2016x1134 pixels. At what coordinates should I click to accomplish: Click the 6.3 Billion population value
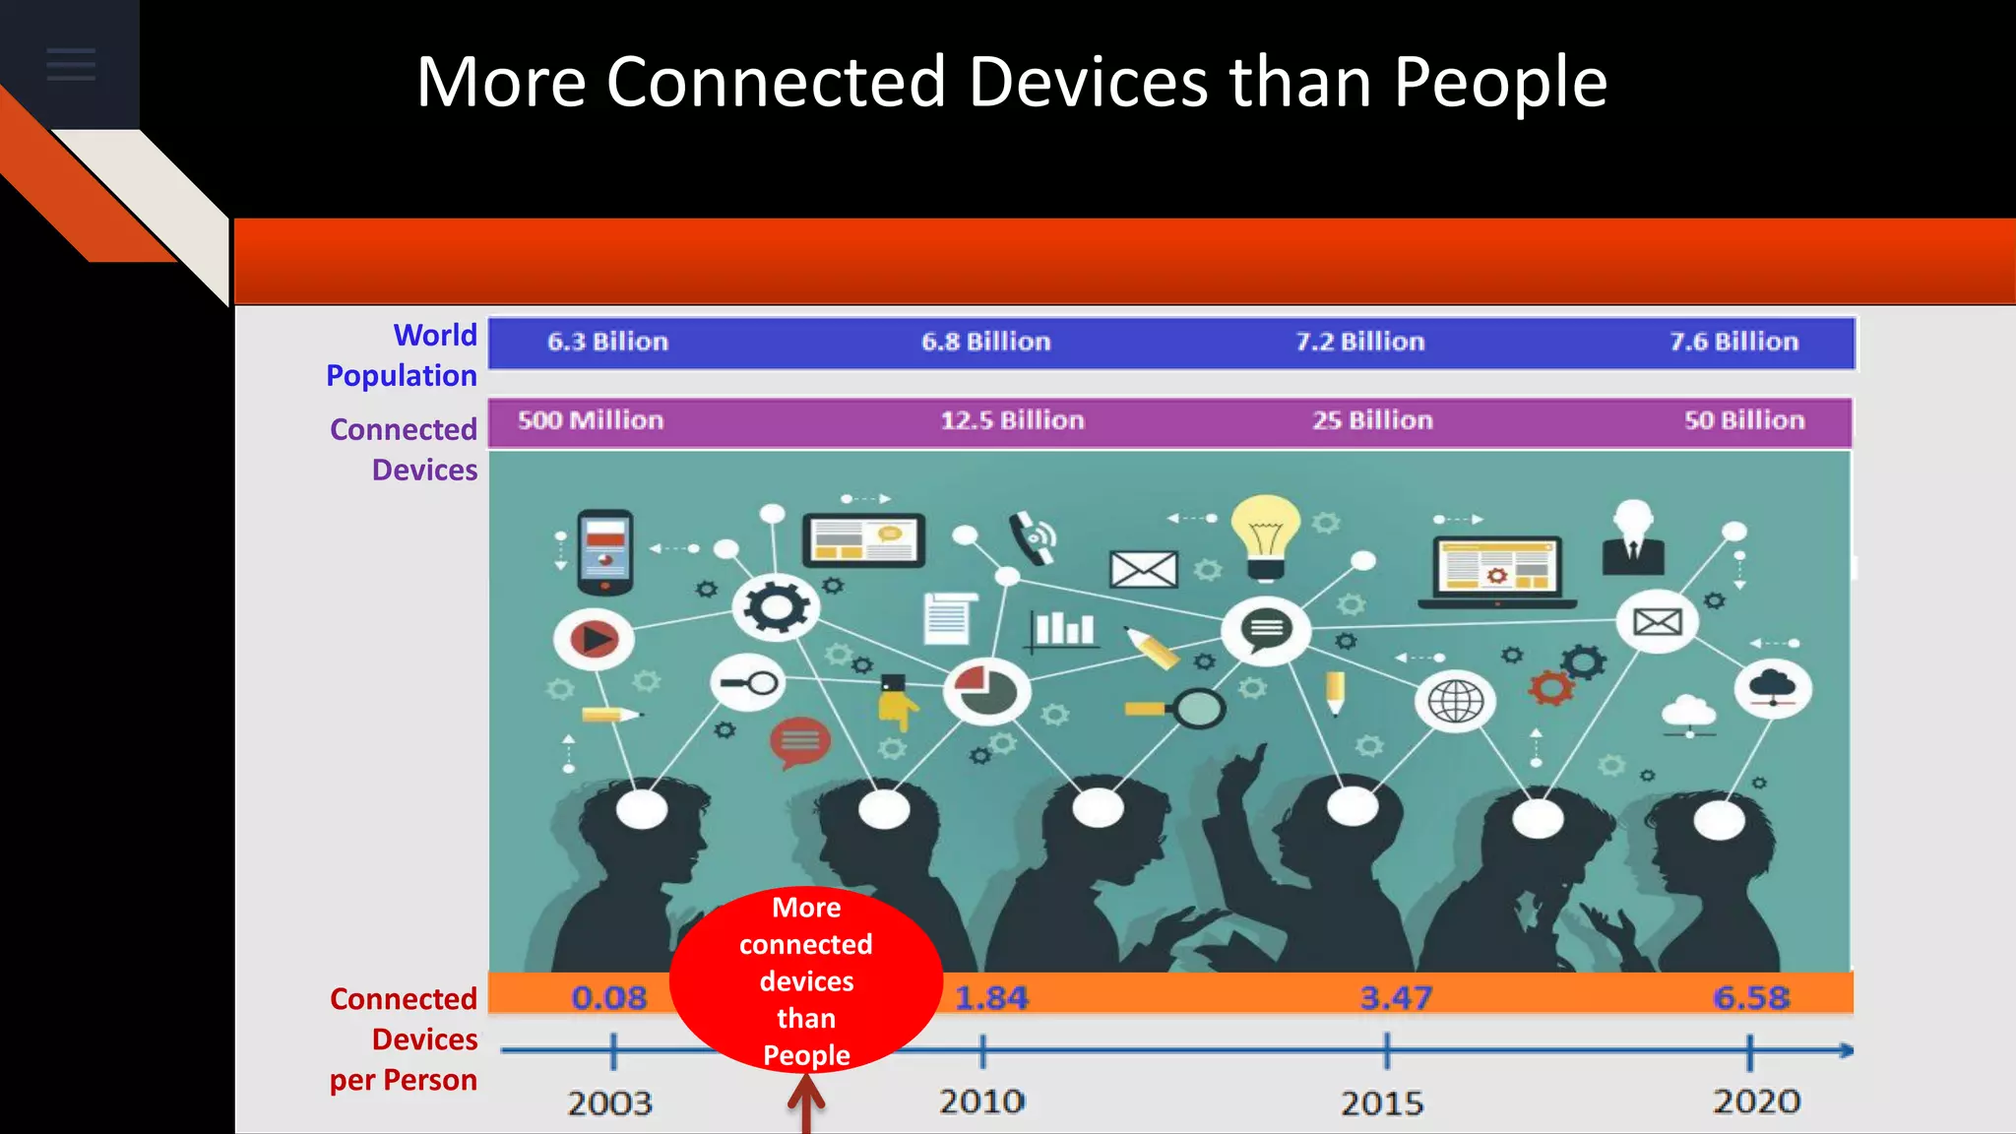coord(607,342)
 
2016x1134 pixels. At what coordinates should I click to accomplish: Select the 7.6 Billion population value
coord(1733,342)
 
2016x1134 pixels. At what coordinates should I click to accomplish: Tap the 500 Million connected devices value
coord(591,420)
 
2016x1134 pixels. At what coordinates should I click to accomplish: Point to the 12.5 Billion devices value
coord(1012,420)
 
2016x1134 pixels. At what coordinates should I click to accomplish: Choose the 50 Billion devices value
coord(1744,420)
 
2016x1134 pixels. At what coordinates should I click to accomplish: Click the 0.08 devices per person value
coord(609,997)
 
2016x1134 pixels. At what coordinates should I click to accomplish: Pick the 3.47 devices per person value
coord(1396,997)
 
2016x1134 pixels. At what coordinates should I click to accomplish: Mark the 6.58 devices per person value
coord(1751,997)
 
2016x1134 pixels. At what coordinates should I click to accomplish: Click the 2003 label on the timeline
coord(609,1102)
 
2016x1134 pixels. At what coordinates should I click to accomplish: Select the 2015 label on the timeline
coord(1382,1102)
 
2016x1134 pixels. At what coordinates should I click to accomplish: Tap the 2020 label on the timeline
coord(1757,1101)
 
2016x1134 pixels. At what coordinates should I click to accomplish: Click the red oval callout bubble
coord(806,980)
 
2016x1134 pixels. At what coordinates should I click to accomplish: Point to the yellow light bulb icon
coord(1266,535)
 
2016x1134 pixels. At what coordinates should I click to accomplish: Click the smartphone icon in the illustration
coord(605,551)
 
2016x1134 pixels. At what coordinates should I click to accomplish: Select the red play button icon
coord(594,640)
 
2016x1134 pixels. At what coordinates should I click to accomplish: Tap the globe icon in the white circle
coord(1455,702)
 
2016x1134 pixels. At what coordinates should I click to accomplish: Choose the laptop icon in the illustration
coord(1496,571)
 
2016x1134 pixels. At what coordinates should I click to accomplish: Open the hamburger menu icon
coord(71,65)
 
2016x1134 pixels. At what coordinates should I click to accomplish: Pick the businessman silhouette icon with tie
coord(1633,538)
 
